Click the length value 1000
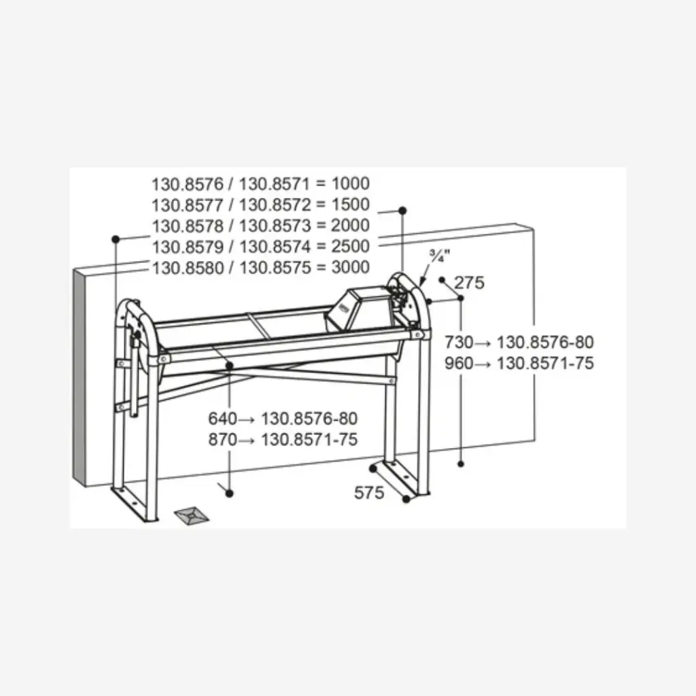coord(351,184)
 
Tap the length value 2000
coord(351,225)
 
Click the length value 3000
coord(351,267)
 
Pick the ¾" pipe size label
coord(440,256)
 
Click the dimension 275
coord(469,283)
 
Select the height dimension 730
coord(459,343)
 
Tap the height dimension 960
coord(459,364)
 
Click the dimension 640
coord(223,419)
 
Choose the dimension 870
coord(223,440)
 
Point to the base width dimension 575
coord(369,493)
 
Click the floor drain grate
coord(191,515)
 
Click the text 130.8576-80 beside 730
coord(545,343)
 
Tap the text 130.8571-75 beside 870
coord(309,440)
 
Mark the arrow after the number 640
coord(247,419)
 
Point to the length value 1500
coord(351,204)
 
